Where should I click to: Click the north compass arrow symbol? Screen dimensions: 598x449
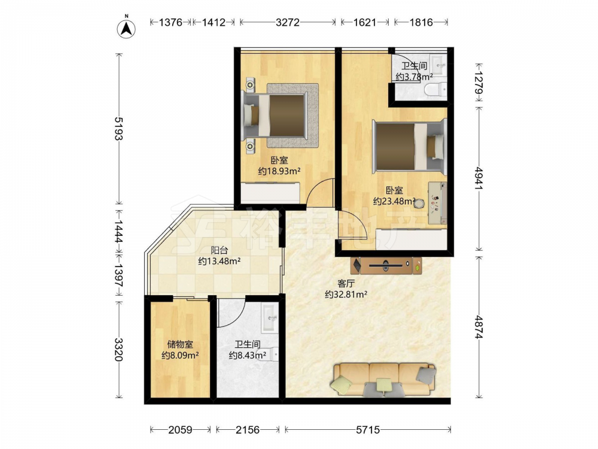pyautogui.click(x=126, y=27)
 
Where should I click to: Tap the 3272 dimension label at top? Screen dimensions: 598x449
pyautogui.click(x=288, y=23)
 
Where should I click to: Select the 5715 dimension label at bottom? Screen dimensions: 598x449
pyautogui.click(x=368, y=430)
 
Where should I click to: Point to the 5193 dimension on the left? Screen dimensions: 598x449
pyautogui.click(x=119, y=128)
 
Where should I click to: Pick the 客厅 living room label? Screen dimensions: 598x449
pyautogui.click(x=346, y=283)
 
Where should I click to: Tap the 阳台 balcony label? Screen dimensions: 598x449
pyautogui.click(x=219, y=250)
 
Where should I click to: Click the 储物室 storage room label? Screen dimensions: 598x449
pyautogui.click(x=180, y=344)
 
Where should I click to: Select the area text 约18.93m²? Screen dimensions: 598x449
pyautogui.click(x=279, y=171)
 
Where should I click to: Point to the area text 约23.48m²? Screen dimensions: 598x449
pyautogui.click(x=394, y=201)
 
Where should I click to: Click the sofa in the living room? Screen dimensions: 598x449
pyautogui.click(x=384, y=379)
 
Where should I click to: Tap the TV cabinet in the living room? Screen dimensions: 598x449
pyautogui.click(x=386, y=265)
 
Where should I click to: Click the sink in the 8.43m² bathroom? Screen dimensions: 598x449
pyautogui.click(x=270, y=317)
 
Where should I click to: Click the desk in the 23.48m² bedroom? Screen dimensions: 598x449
pyautogui.click(x=438, y=203)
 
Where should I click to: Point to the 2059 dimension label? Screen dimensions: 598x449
pyautogui.click(x=180, y=430)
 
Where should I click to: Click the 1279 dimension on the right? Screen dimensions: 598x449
pyautogui.click(x=479, y=82)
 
